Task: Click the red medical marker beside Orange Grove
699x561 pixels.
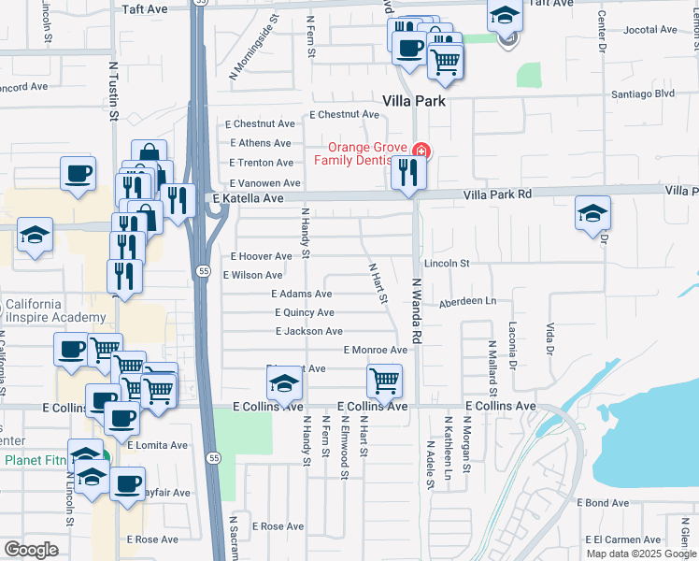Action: tap(421, 150)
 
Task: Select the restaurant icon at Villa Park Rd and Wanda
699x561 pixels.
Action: tap(407, 173)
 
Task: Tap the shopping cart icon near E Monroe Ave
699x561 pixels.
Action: tap(384, 381)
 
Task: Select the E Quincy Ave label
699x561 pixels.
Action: tap(304, 312)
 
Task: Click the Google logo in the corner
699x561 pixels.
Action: tap(32, 550)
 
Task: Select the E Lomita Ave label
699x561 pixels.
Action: tap(159, 445)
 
